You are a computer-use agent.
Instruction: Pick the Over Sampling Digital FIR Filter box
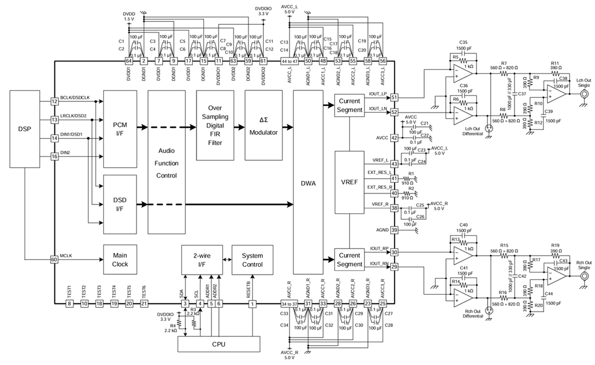(x=215, y=125)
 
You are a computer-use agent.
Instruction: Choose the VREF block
(x=350, y=182)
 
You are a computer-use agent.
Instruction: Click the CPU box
(x=219, y=344)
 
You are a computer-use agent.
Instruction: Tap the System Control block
(x=252, y=260)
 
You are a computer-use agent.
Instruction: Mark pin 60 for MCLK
(x=55, y=259)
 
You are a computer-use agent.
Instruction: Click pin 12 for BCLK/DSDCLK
(x=55, y=102)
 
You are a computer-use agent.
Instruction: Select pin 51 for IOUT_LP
(x=395, y=97)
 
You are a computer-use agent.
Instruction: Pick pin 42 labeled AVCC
(x=395, y=138)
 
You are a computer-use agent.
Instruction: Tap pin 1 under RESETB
(x=253, y=304)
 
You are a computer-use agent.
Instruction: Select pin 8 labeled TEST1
(x=69, y=304)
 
